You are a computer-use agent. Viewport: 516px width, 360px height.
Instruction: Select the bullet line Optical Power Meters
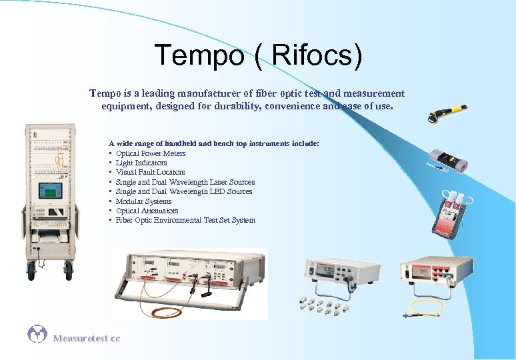tap(151, 153)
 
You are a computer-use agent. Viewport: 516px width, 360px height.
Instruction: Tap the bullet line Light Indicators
tap(141, 163)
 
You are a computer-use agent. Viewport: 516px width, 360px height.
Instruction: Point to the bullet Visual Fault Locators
tap(150, 172)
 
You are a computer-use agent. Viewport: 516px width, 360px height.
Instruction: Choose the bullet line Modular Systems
tap(143, 201)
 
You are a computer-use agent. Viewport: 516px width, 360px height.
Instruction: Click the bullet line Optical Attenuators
tap(147, 211)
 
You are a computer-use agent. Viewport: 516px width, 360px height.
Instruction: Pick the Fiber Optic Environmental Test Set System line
tap(185, 220)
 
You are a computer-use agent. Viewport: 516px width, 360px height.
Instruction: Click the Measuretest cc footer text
tap(87, 339)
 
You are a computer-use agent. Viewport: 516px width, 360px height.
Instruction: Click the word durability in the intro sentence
tap(253, 106)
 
